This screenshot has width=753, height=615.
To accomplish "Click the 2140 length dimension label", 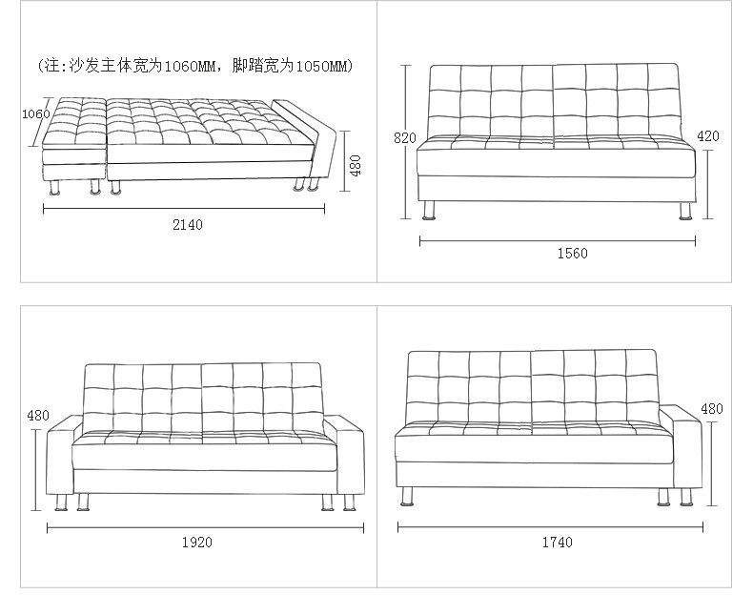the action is [x=187, y=225].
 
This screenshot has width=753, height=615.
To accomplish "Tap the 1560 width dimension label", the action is [x=572, y=254].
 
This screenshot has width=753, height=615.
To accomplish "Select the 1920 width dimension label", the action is [x=196, y=542].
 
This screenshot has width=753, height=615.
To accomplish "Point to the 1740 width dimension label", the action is [x=558, y=542].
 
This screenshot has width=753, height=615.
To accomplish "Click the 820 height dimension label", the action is [x=404, y=138].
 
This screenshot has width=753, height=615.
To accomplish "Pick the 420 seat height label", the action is [x=708, y=136].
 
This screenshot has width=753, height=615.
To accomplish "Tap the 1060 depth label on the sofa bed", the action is [x=35, y=114].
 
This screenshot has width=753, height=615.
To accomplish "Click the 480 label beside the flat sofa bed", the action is [x=356, y=167].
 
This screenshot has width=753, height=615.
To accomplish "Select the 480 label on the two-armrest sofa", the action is [x=37, y=416].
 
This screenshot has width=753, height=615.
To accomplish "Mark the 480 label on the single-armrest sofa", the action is [x=712, y=409].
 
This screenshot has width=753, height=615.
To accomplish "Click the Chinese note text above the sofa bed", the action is [x=195, y=67].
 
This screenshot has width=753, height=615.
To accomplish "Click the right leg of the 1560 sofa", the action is [x=685, y=210].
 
